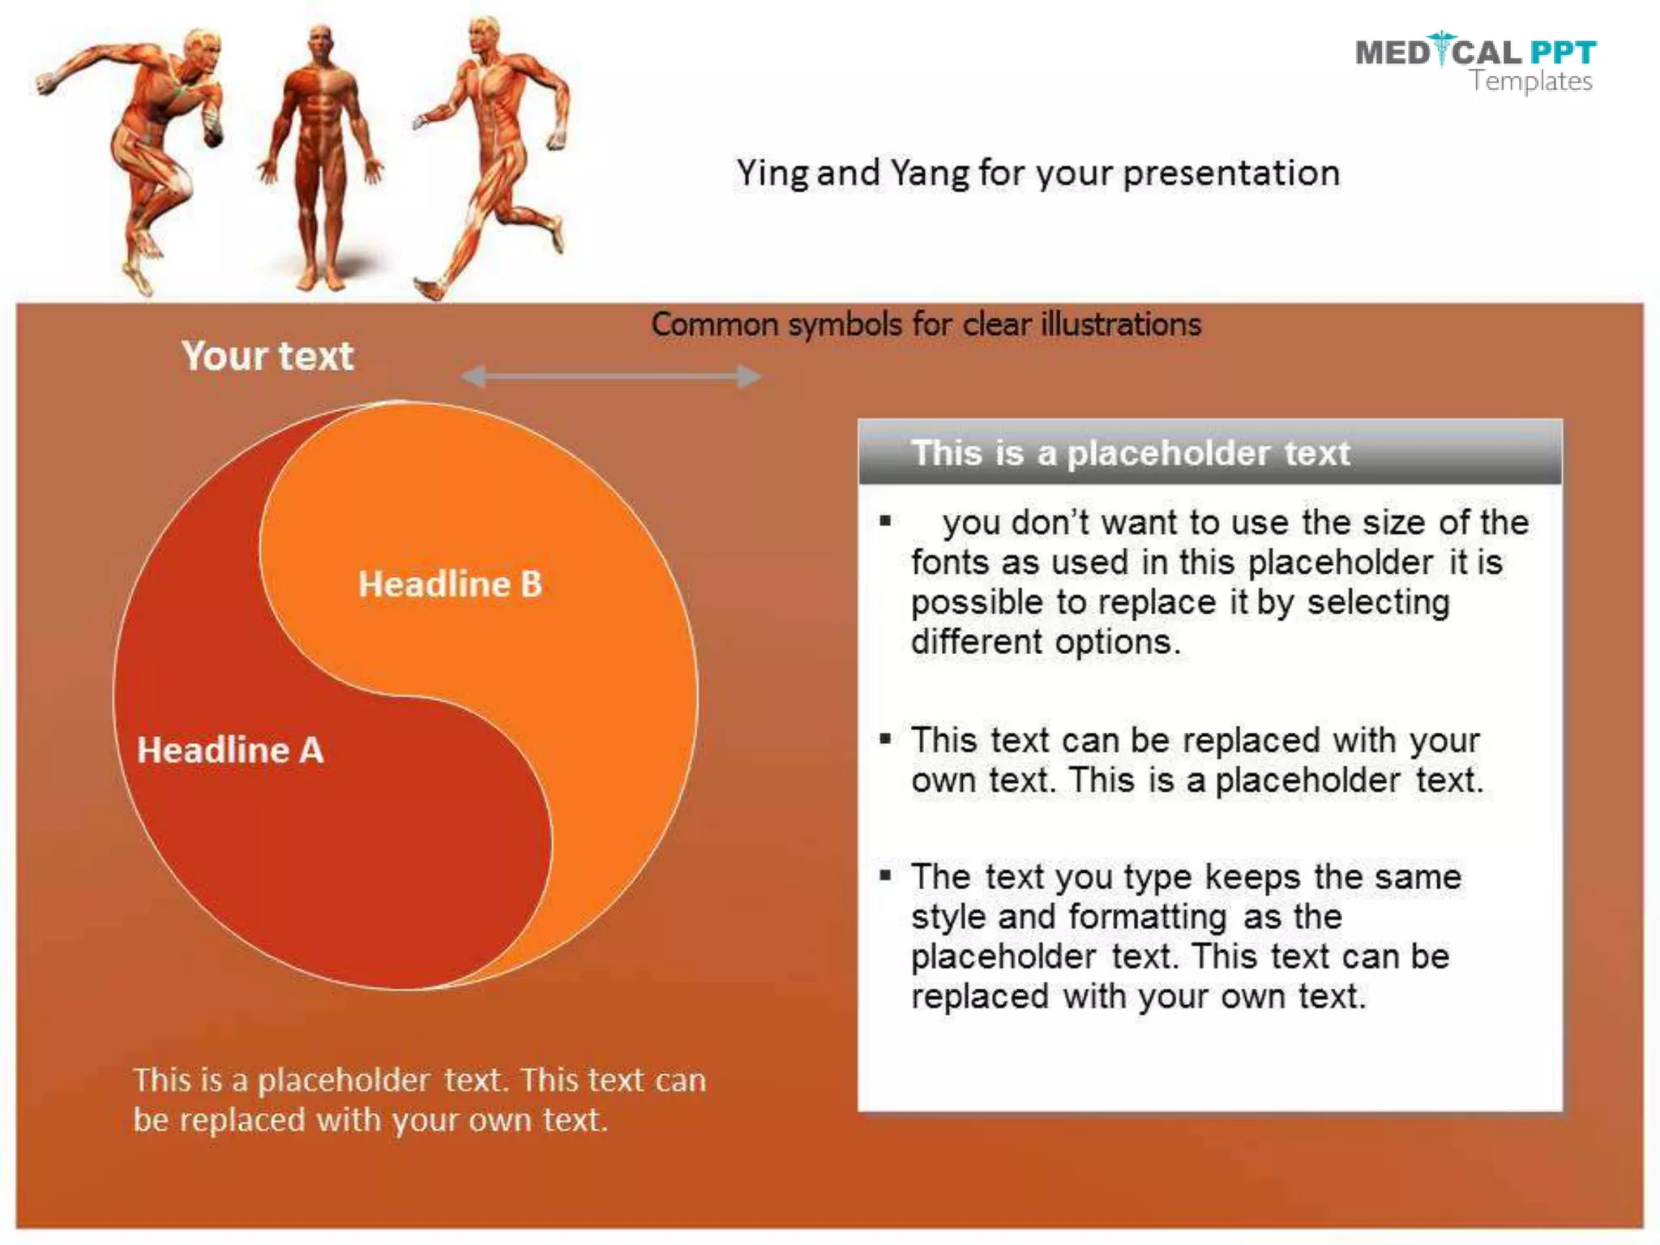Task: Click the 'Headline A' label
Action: [x=230, y=750]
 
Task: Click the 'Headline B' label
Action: [x=450, y=584]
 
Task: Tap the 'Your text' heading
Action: [x=267, y=356]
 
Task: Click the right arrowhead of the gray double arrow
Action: [x=749, y=376]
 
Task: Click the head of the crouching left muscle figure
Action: [x=200, y=50]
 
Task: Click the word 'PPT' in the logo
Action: [x=1563, y=53]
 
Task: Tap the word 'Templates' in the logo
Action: [x=1531, y=81]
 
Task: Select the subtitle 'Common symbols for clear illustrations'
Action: [x=926, y=324]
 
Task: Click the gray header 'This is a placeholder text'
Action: [x=1130, y=453]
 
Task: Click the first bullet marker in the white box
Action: [x=885, y=521]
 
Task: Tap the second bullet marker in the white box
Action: [x=885, y=738]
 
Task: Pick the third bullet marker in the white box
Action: [x=885, y=875]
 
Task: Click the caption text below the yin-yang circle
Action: [x=418, y=1100]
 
